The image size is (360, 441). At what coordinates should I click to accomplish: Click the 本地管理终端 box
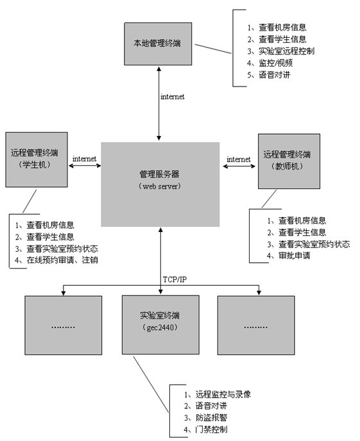[x=158, y=44]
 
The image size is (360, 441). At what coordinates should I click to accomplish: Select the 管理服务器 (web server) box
[x=160, y=184]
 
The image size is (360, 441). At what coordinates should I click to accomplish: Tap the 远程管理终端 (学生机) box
[x=37, y=160]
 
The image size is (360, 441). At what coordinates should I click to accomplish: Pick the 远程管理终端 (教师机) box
[x=289, y=161]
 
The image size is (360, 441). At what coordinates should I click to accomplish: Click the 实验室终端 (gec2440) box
[x=160, y=324]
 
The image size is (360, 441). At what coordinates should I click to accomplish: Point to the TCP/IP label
[x=175, y=279]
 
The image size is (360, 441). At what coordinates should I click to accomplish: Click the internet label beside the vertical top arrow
[x=173, y=97]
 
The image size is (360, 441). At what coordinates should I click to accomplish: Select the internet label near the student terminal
[x=84, y=158]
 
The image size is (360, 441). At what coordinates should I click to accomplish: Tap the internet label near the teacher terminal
[x=239, y=160]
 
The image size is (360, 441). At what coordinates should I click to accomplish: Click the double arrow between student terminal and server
[x=85, y=165]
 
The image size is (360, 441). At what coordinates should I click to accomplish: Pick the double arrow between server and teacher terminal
[x=239, y=166]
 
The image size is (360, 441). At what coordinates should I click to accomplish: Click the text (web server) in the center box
[x=160, y=186]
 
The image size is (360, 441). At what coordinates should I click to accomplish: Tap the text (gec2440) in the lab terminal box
[x=160, y=328]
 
